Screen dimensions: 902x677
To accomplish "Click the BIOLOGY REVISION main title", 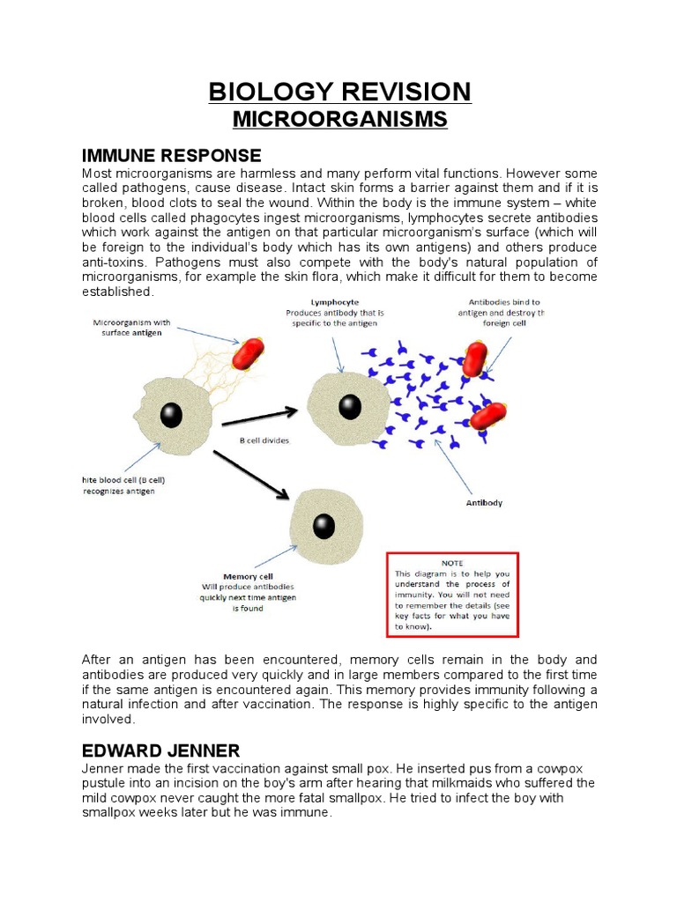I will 339,92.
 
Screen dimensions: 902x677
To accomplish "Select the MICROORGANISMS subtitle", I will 339,120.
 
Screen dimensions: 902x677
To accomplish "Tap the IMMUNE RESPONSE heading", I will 172,156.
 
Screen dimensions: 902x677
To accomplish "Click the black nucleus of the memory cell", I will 324,526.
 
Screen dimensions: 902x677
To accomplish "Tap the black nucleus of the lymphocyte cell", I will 350,406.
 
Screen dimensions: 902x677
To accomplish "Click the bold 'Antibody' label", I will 484,503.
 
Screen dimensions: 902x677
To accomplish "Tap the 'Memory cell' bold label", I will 248,577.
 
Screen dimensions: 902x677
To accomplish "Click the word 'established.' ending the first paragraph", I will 118,292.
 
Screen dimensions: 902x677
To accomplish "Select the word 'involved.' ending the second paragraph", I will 109,719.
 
